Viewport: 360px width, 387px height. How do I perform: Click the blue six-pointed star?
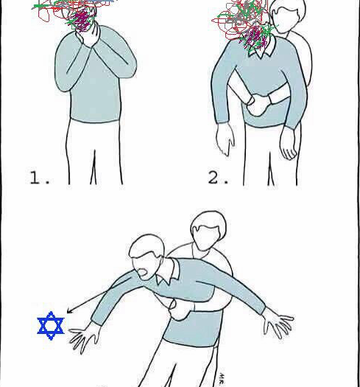click(x=51, y=326)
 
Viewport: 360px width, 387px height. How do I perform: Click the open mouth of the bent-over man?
click(x=143, y=273)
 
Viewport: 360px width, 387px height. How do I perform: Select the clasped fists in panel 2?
click(x=258, y=105)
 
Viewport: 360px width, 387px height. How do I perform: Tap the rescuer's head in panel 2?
click(x=287, y=15)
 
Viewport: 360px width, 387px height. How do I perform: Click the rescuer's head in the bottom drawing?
click(x=208, y=231)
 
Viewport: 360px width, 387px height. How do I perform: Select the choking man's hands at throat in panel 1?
click(x=88, y=36)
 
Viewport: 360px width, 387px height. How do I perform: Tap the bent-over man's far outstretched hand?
click(x=278, y=323)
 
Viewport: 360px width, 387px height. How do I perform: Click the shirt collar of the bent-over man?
click(x=167, y=274)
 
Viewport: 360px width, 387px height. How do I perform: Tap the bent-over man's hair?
click(x=146, y=245)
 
